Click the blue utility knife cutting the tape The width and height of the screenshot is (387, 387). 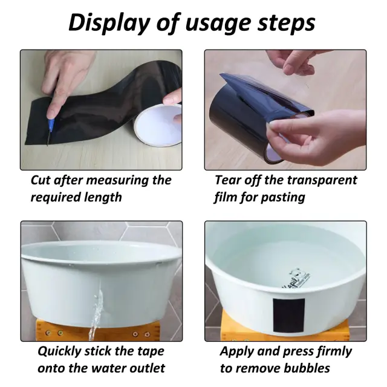[x=50, y=130]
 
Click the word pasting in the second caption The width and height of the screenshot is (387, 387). [x=283, y=198]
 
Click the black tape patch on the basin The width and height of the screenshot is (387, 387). [x=288, y=316]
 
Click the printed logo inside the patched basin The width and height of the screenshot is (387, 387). [x=296, y=279]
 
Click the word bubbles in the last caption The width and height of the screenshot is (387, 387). [x=307, y=368]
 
